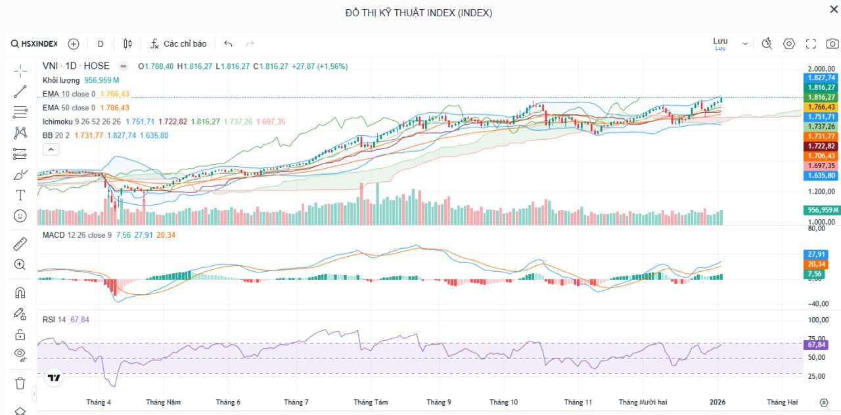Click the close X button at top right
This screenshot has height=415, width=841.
(834, 9)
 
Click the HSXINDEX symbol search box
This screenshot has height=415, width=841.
(34, 44)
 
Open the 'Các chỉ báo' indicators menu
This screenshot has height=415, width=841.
(178, 44)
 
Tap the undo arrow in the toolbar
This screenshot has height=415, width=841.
(228, 44)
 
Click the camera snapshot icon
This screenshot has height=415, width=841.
(832, 44)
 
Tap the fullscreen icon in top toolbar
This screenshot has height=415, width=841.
(811, 44)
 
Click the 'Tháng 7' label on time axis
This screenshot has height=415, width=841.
(296, 402)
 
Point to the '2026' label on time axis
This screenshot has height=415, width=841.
(717, 402)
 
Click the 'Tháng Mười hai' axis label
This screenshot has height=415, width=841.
(643, 402)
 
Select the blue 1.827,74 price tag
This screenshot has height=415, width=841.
(821, 77)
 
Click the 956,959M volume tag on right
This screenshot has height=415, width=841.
(822, 210)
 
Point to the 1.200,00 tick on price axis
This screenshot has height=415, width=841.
(821, 192)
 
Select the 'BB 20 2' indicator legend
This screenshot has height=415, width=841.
(56, 135)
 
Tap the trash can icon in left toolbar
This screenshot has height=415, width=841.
(20, 383)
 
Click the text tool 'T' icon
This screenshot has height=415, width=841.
(20, 195)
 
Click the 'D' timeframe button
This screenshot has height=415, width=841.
(101, 44)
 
